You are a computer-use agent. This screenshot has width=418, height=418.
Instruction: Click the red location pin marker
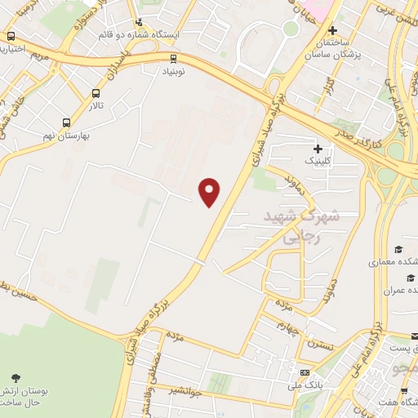pyautogui.click(x=211, y=193)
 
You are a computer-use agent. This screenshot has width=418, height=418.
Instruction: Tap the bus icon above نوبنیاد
pyautogui.click(x=172, y=58)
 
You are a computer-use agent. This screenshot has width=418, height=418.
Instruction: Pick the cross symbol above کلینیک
pyautogui.click(x=317, y=149)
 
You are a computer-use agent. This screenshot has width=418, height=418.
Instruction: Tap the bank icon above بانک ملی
pyautogui.click(x=305, y=372)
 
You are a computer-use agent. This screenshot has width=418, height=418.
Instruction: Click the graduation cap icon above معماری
pyautogui.click(x=398, y=250)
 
